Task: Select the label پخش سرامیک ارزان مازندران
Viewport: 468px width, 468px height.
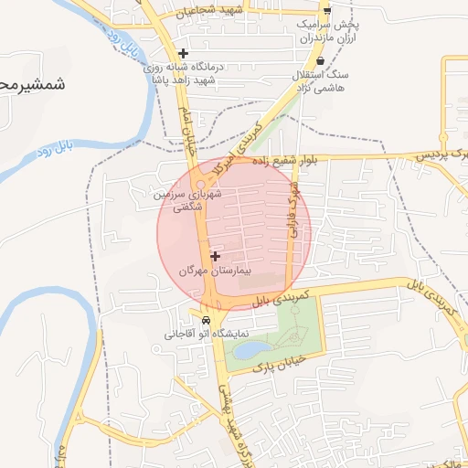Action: pos(330,31)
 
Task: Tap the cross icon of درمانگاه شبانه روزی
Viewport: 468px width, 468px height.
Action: pos(184,53)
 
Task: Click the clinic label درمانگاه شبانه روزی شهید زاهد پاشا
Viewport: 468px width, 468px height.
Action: pos(184,73)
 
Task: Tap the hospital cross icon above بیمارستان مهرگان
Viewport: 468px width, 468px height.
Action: pos(216,257)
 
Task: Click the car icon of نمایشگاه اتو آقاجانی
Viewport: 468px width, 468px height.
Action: pos(207,321)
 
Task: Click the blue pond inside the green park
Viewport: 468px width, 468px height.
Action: pos(251,349)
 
